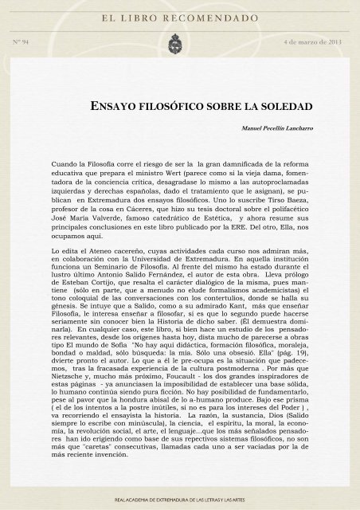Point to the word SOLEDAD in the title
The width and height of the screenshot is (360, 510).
[x=289, y=106]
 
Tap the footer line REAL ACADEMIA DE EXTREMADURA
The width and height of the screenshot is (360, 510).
[x=179, y=498]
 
